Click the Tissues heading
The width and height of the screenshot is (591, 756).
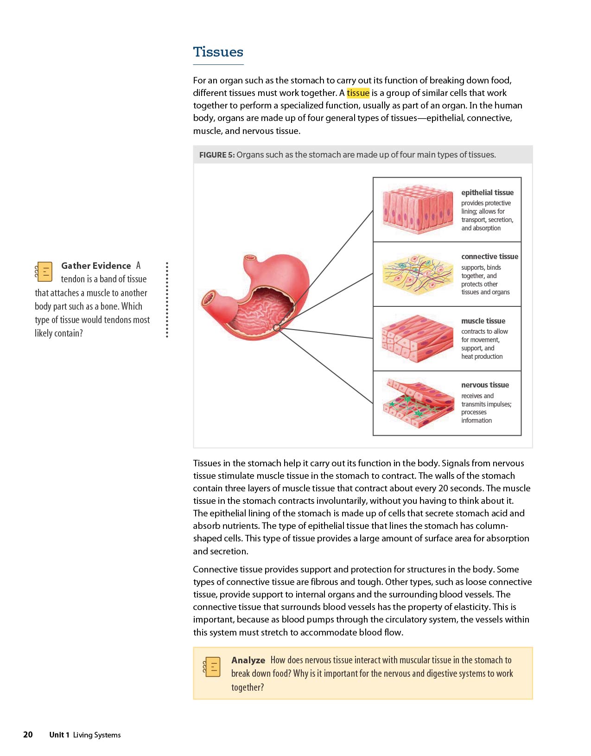coord(218,52)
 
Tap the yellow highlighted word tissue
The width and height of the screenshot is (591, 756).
coord(358,93)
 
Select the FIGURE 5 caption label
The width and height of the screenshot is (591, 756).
coord(217,155)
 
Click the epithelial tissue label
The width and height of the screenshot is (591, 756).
coord(487,192)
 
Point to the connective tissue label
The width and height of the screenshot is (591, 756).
coord(489,256)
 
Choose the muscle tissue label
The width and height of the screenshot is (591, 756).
coord(483,321)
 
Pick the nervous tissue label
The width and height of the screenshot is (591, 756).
coord(485,385)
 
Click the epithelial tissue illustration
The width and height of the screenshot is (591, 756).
coord(417,209)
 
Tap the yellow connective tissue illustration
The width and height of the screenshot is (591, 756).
coord(417,273)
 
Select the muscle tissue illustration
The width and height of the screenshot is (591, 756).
coord(417,338)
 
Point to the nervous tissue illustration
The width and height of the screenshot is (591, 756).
coord(417,403)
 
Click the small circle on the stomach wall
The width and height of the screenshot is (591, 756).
coord(277,328)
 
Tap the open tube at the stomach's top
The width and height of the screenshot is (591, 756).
coord(250,257)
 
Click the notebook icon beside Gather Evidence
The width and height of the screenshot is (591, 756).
coord(44,272)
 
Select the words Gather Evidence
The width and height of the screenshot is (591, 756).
coord(96,266)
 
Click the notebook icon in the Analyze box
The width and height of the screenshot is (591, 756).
coord(212,667)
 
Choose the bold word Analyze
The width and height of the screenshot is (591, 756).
coord(248,660)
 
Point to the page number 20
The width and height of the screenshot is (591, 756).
coord(28,734)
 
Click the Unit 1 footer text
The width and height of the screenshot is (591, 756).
coord(59,735)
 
